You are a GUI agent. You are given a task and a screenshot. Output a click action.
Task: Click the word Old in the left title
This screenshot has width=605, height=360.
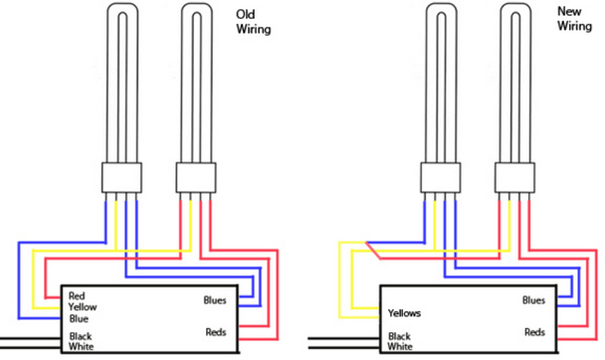click(245, 14)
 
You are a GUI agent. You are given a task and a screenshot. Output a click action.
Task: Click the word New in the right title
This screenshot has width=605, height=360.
click(570, 12)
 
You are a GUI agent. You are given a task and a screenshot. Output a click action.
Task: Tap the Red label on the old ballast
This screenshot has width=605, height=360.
click(78, 296)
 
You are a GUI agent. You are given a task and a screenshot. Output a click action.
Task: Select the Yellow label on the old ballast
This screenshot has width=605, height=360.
click(84, 307)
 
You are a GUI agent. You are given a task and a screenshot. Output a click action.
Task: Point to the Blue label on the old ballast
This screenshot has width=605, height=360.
click(79, 318)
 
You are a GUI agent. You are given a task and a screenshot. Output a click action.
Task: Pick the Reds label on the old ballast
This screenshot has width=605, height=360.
click(219, 331)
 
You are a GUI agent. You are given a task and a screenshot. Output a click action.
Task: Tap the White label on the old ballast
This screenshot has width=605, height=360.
click(82, 346)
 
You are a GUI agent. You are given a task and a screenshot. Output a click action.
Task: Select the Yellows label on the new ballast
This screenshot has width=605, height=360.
click(406, 313)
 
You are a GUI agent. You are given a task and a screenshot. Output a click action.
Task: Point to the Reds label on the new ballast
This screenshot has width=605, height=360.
click(535, 331)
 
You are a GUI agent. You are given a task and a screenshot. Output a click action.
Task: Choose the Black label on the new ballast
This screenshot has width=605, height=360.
click(399, 336)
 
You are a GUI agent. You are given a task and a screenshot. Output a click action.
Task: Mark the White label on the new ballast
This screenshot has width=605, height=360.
click(400, 347)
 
